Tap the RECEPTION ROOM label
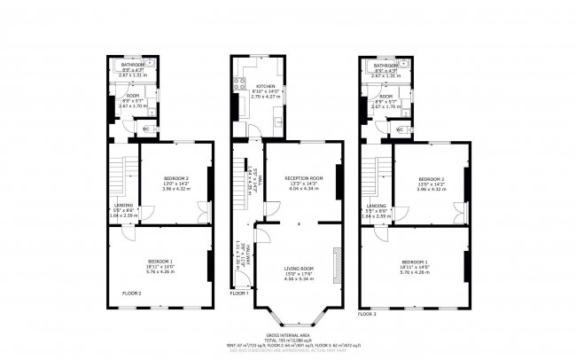303,178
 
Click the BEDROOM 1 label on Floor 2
160,261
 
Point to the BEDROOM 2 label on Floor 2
175,178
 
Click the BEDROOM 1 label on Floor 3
415,262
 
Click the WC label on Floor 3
401,129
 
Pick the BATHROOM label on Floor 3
385,66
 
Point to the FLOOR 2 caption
132,292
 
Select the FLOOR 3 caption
367,314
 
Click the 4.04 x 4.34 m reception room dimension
303,189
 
